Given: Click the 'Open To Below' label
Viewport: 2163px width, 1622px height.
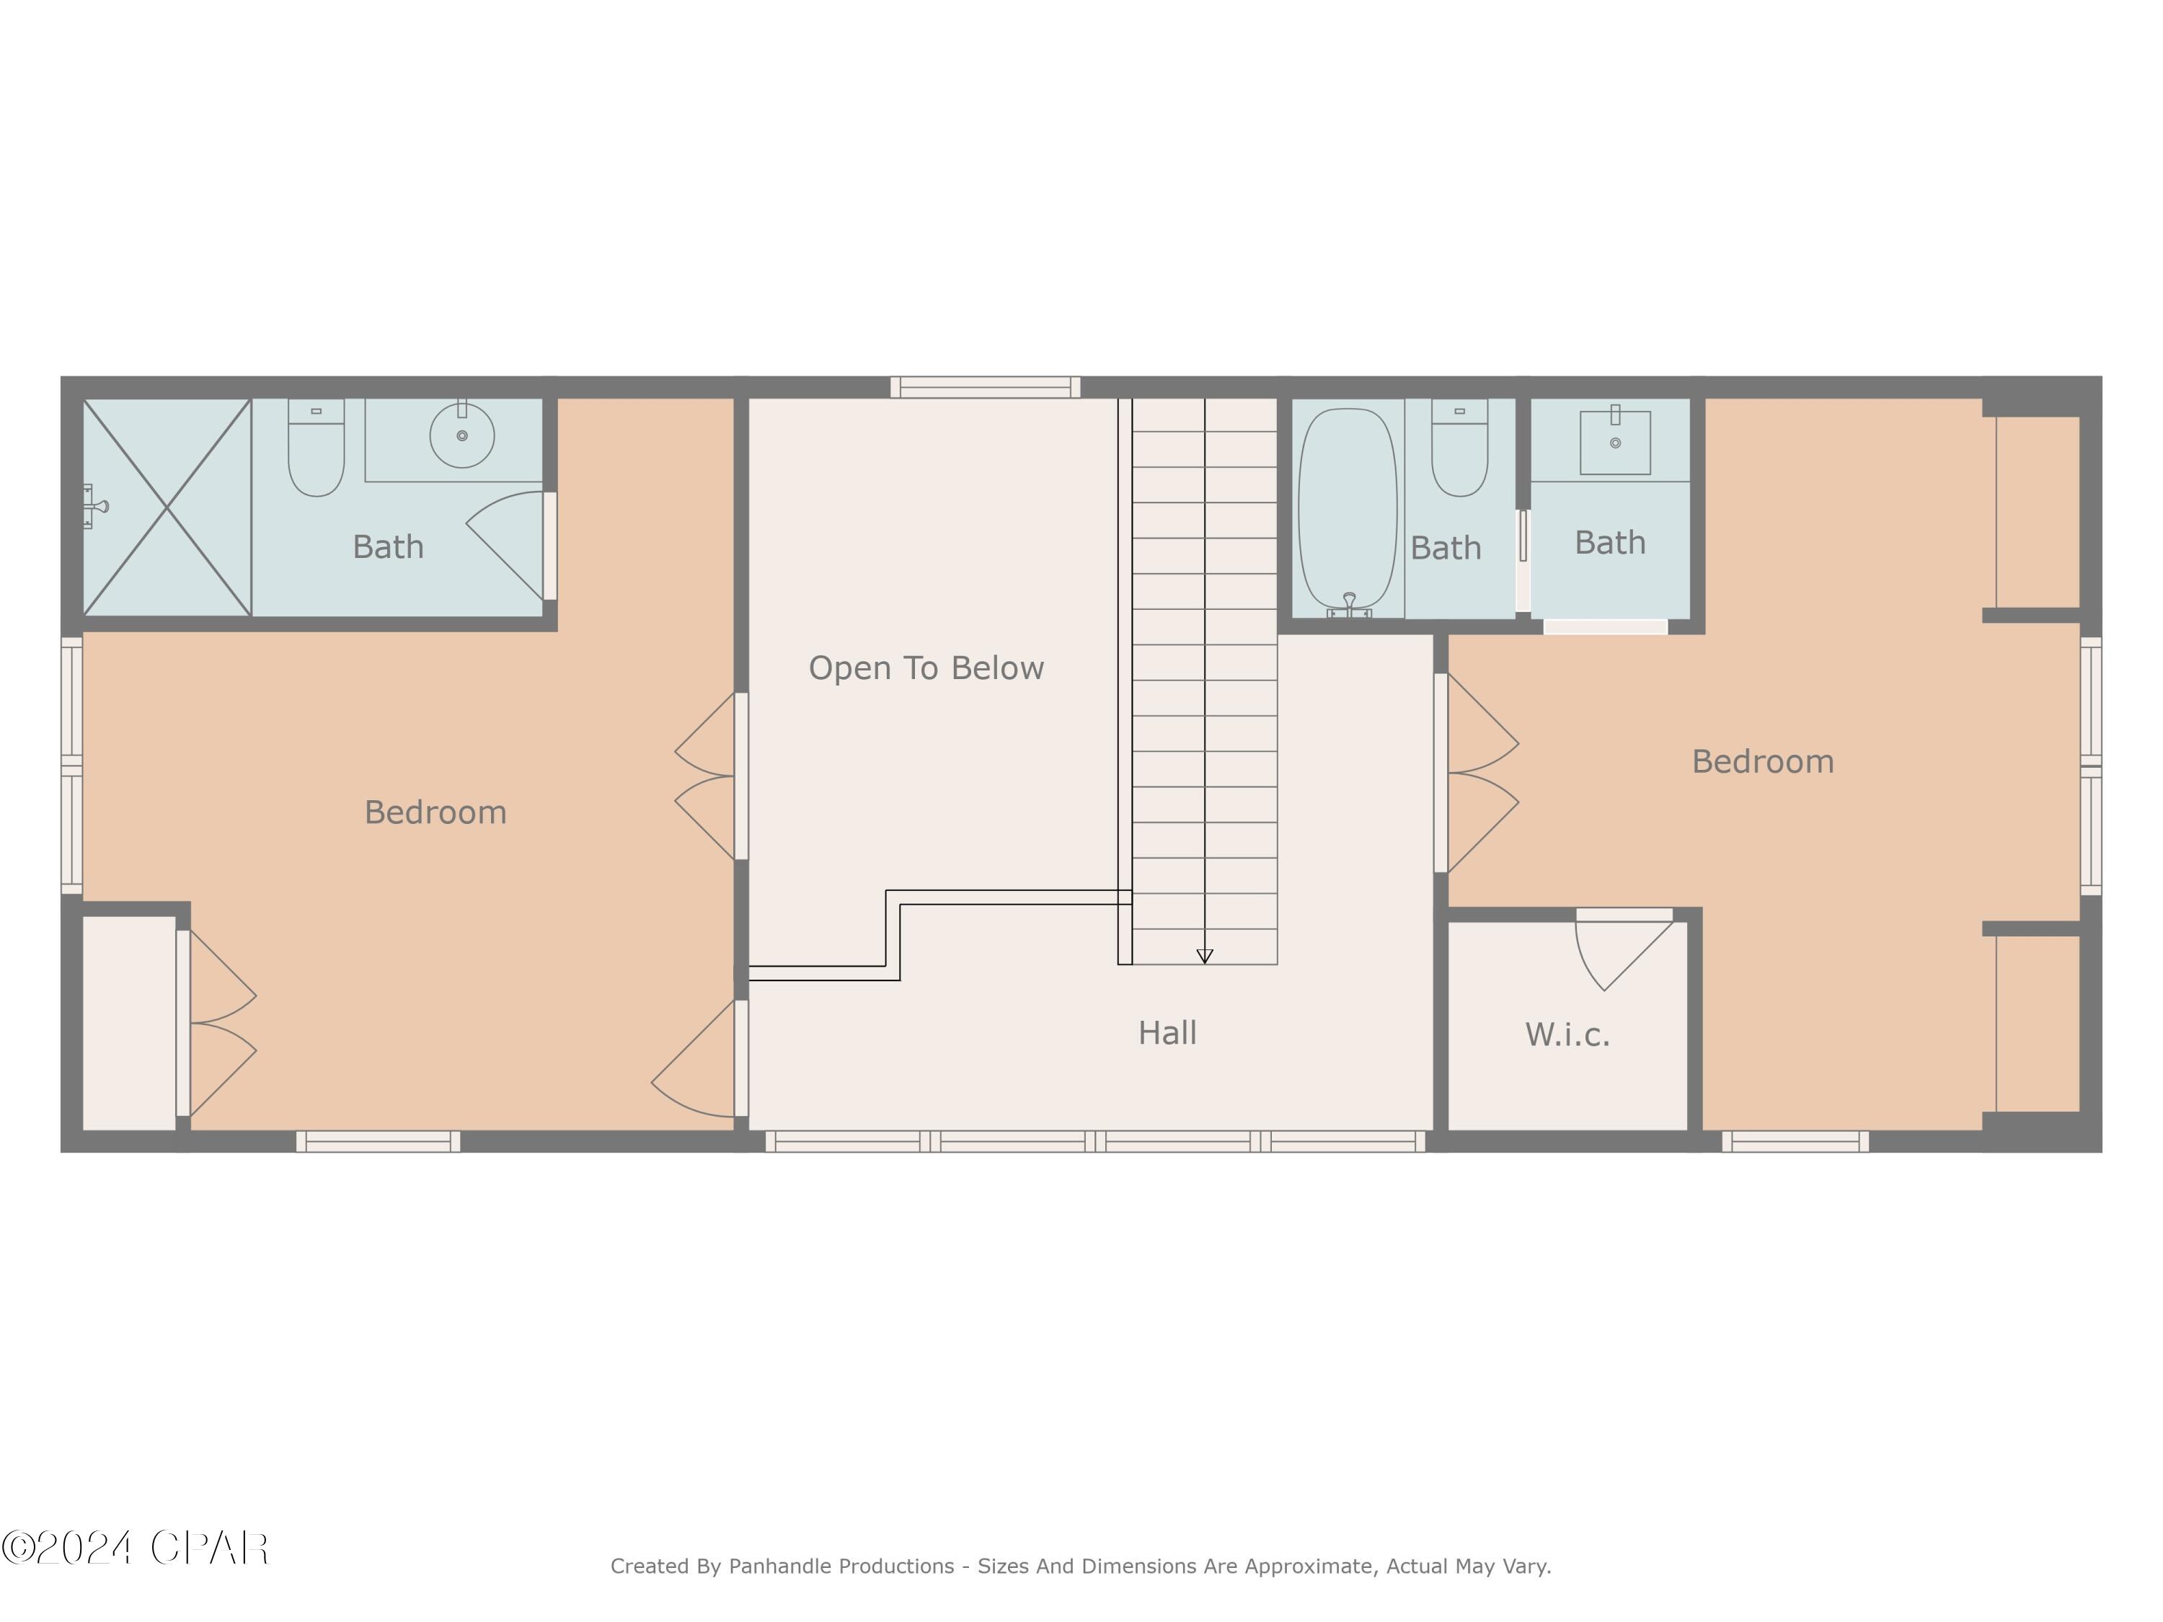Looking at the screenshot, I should (925, 668).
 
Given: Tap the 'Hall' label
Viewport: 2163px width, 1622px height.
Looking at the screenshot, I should (1167, 1032).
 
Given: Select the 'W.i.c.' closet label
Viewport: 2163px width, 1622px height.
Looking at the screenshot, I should (1567, 1034).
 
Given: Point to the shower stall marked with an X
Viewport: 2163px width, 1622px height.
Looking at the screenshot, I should (167, 508).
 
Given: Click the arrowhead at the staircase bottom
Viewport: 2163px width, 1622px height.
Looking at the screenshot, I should (1205, 956).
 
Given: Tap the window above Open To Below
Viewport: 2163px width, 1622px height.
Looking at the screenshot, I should (985, 387).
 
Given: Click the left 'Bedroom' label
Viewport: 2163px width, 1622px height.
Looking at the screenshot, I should (435, 812).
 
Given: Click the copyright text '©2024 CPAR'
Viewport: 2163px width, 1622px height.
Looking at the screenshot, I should (135, 1548).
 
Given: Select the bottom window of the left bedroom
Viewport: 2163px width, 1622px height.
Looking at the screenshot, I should (378, 1141).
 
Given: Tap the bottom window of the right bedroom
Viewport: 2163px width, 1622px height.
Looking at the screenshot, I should (1795, 1141).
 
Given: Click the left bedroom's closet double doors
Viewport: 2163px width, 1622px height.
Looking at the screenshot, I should (220, 1024).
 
